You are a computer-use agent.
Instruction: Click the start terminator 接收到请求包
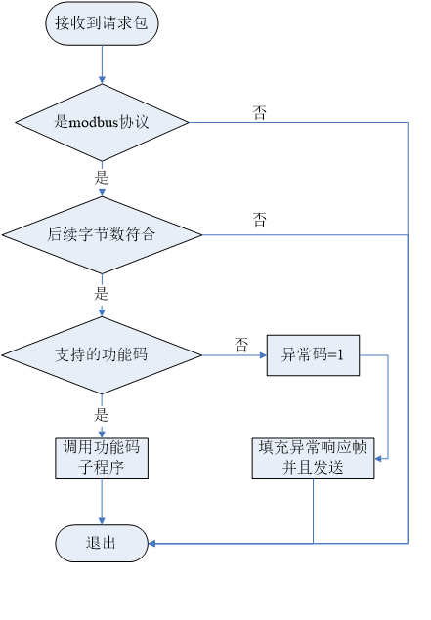[102, 23]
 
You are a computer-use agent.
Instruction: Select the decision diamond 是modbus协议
[102, 122]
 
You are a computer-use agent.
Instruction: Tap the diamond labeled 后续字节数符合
[102, 235]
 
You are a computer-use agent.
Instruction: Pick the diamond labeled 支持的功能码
[102, 354]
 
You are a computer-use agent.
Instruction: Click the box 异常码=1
[313, 355]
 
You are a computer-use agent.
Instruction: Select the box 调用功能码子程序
[102, 457]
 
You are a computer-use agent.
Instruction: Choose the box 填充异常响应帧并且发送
[313, 457]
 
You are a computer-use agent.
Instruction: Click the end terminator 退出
[102, 543]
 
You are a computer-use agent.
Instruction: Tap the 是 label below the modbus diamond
[102, 178]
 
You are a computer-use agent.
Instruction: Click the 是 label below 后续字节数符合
[102, 293]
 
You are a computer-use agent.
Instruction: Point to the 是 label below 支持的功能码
[102, 414]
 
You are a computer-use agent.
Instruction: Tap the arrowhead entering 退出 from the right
[152, 543]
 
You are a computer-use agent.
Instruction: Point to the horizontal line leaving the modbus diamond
[293, 122]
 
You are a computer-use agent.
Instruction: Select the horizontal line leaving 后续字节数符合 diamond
[303, 235]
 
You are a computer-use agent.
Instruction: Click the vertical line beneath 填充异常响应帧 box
[313, 510]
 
